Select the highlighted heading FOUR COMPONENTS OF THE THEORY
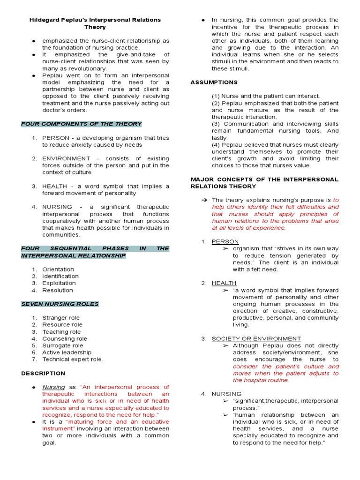click(x=81, y=124)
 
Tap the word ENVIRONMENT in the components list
click(x=66, y=158)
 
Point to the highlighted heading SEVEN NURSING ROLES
click(x=60, y=304)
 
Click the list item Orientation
click(x=58, y=270)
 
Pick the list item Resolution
click(x=58, y=290)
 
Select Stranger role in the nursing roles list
click(x=61, y=318)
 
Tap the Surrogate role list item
click(x=63, y=345)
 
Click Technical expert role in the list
click(x=73, y=360)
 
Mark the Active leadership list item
click(x=67, y=352)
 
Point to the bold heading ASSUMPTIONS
click(x=214, y=82)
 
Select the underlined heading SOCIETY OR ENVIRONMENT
click(x=256, y=338)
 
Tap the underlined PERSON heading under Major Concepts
click(x=225, y=241)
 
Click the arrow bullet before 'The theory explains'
click(x=204, y=200)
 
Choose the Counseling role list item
click(x=65, y=338)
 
